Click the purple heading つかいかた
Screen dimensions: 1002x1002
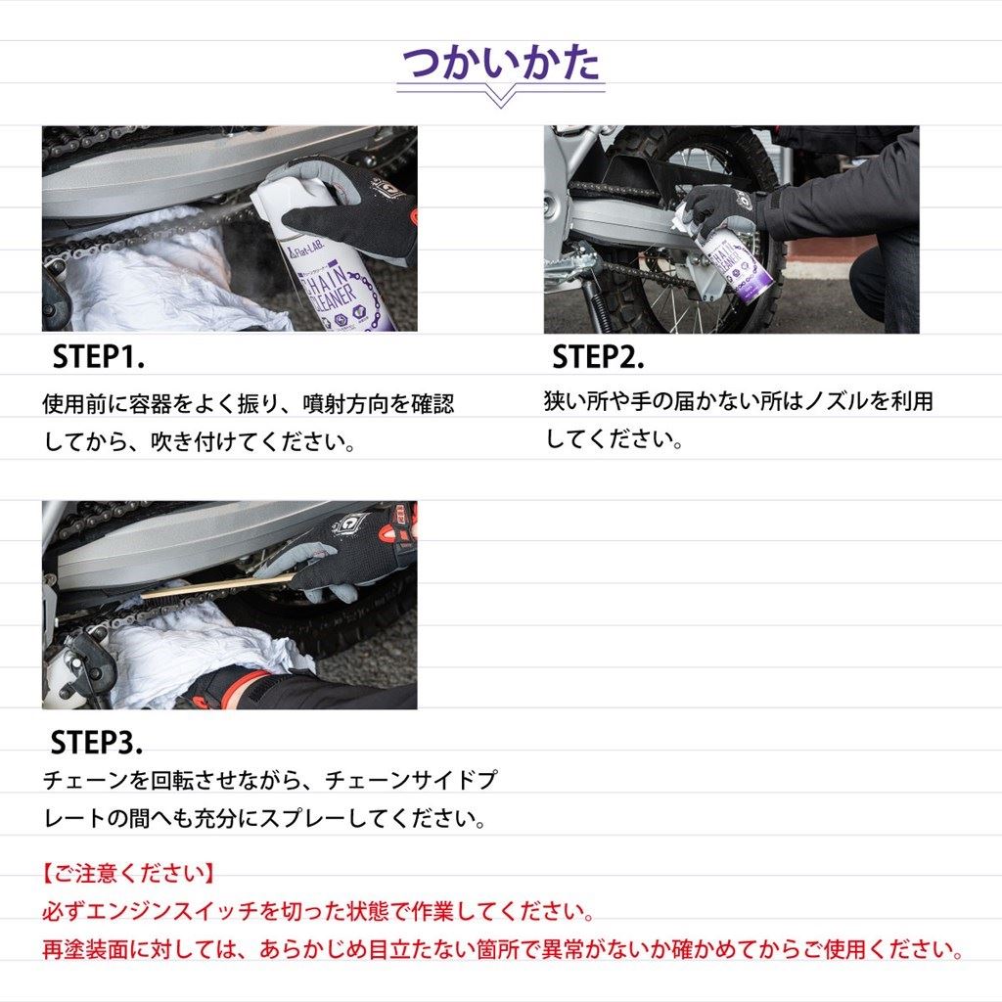coord(500,63)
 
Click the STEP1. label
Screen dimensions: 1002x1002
coord(99,356)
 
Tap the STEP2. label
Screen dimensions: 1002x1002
coord(598,356)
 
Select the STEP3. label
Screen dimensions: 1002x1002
coord(97,742)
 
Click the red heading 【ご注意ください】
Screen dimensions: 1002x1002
coord(128,873)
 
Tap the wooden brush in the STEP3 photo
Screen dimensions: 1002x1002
coord(217,588)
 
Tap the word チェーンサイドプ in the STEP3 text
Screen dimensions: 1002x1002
coord(411,780)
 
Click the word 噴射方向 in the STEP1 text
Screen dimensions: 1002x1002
coord(345,404)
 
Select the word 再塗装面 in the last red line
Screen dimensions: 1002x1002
coord(86,949)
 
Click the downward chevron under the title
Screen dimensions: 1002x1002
coord(500,98)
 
